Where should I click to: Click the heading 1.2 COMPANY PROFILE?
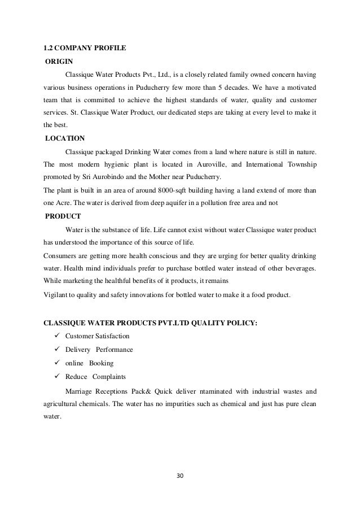(x=84, y=48)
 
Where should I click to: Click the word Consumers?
(x=61, y=256)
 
